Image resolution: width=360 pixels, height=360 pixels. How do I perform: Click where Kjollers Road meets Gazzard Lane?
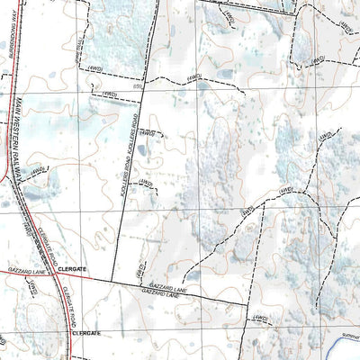(114, 281)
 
